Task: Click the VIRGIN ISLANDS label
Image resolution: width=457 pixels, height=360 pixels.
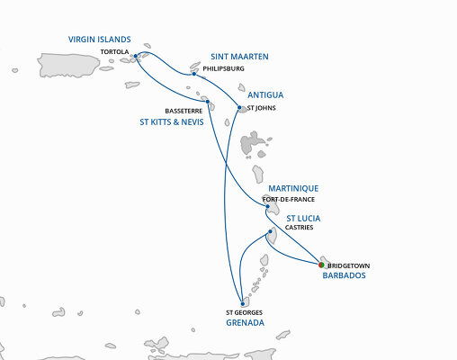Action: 100,40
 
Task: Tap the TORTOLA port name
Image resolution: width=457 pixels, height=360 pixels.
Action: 114,52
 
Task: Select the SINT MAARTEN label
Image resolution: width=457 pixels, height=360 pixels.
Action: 238,57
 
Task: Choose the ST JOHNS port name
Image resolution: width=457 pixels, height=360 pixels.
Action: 262,108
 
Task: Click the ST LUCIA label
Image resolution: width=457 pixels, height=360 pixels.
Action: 304,217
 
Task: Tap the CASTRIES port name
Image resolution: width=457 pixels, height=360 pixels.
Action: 299,229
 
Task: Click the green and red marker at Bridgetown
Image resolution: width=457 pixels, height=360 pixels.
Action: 322,265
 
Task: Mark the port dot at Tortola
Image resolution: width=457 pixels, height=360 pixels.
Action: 135,57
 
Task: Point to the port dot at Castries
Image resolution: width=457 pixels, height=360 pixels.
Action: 271,232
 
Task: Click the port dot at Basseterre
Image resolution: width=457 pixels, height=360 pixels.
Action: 208,102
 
